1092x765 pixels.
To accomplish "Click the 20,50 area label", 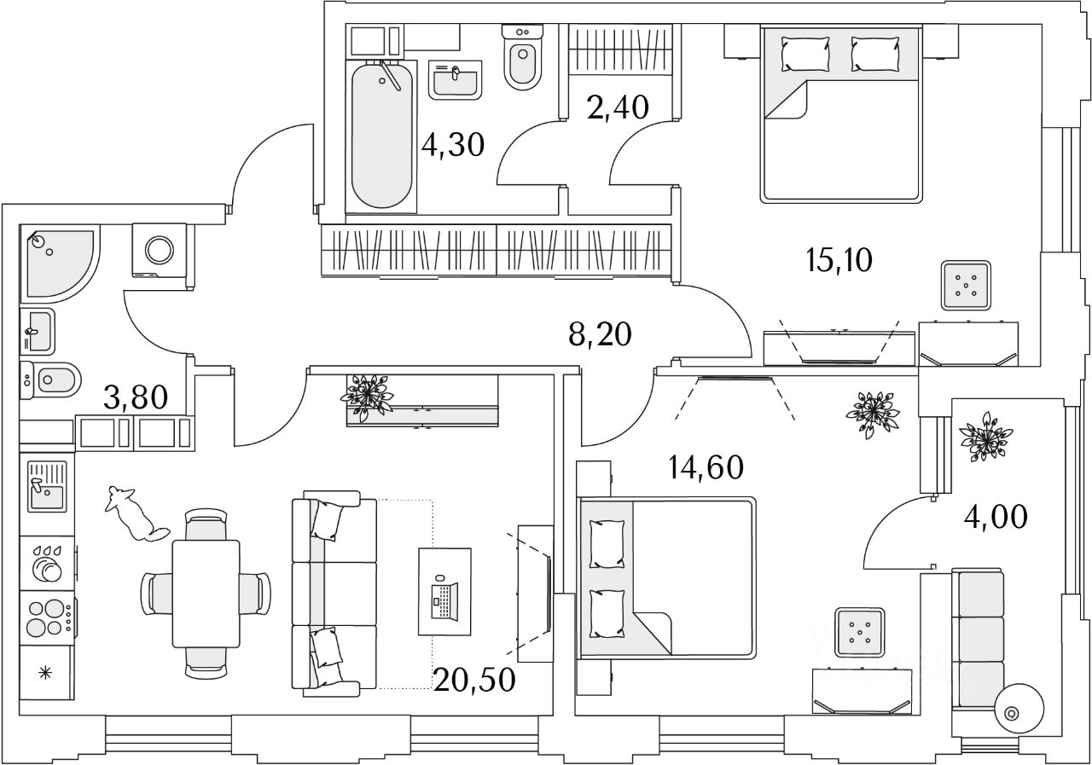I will click(473, 680).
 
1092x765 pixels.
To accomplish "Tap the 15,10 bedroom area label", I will click(838, 259).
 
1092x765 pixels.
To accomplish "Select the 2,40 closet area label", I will click(618, 107).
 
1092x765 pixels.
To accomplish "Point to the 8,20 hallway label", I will click(600, 335).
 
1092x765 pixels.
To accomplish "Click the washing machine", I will click(160, 249).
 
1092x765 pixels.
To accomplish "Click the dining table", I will click(206, 594).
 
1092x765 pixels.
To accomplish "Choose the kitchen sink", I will click(47, 485).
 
